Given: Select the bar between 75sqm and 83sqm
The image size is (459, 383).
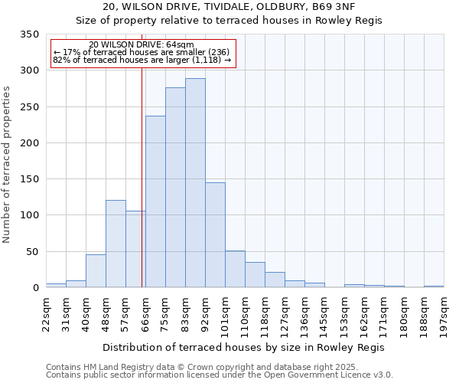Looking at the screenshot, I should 175,188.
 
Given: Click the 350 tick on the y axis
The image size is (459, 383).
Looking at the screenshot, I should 29,34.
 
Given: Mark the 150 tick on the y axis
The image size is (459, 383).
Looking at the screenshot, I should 29,179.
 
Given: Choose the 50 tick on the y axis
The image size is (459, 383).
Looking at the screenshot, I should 32,251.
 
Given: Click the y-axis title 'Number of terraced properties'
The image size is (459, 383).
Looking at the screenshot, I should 7,165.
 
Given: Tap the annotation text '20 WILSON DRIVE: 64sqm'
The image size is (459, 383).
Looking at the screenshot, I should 142,45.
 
